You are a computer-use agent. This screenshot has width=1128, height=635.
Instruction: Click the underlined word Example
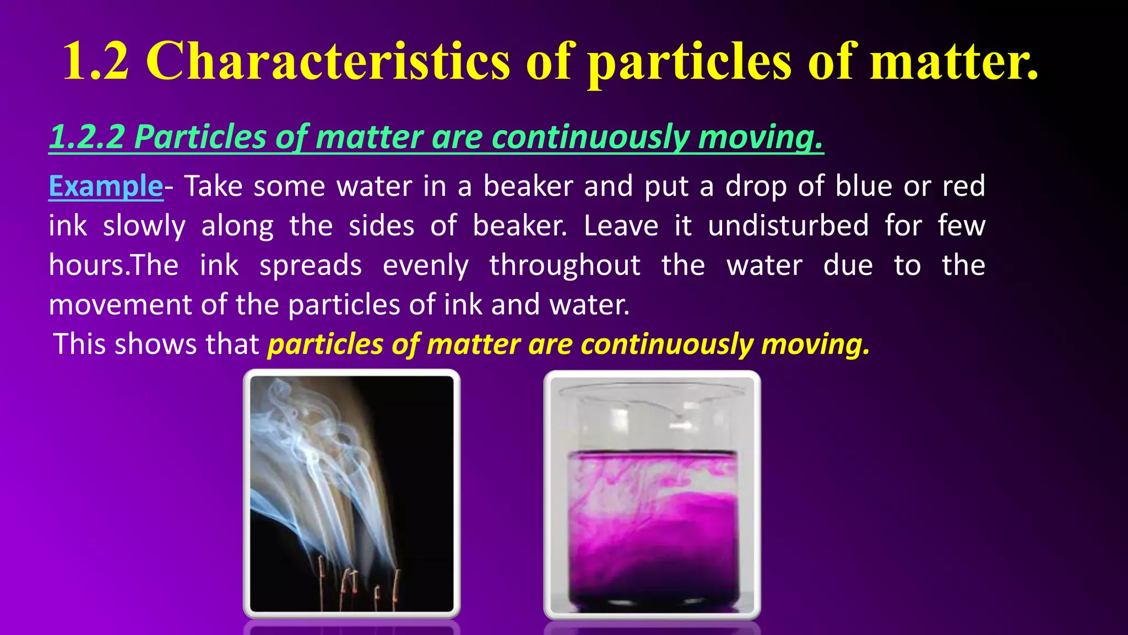(x=106, y=186)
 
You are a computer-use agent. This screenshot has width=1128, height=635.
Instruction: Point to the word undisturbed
(x=788, y=225)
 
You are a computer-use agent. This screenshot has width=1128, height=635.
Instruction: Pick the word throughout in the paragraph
(x=565, y=265)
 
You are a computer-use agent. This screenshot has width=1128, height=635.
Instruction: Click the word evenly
(x=426, y=265)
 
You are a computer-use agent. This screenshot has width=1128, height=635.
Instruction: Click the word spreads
(x=311, y=265)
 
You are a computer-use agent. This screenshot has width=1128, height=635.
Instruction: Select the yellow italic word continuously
(x=666, y=345)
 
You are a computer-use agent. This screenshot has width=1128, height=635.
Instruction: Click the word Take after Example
(x=213, y=186)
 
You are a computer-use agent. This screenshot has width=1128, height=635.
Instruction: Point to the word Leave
(x=621, y=225)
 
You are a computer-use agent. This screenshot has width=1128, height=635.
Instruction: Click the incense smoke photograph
(x=351, y=493)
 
